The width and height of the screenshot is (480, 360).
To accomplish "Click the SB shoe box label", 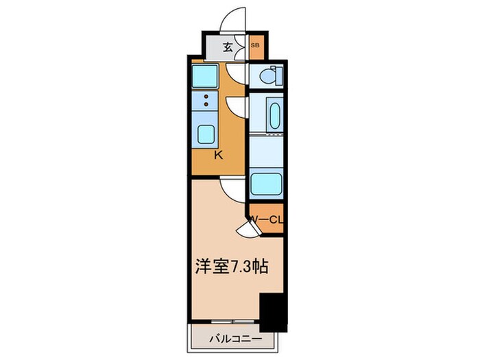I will [255, 46].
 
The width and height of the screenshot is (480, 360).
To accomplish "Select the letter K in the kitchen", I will [218, 156].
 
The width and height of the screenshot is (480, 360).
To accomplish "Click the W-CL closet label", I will [267, 219].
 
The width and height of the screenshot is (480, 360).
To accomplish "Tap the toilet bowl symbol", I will [273, 76].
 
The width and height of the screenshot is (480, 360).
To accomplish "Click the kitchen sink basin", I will [206, 134].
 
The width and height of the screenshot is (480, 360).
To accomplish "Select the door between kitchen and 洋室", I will [231, 184].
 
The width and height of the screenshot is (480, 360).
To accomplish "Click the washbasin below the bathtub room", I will [266, 184].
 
